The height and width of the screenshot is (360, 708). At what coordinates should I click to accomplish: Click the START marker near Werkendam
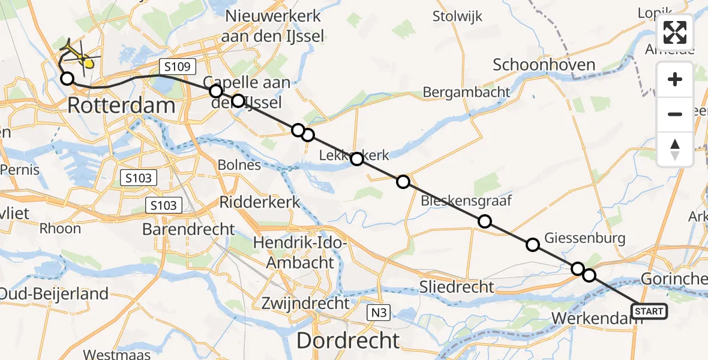pos(649,311)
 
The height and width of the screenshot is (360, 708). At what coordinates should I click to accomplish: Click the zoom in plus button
pos(675,80)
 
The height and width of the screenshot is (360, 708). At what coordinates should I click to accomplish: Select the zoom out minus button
pos(675,114)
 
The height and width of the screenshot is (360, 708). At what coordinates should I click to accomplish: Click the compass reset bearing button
pos(675,149)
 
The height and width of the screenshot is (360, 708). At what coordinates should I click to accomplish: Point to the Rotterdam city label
pos(121,106)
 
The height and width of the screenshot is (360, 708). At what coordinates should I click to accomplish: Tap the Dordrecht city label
pos(348,340)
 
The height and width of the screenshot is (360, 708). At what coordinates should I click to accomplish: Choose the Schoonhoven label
pos(544,65)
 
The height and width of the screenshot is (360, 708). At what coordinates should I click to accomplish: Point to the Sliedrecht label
pos(458,287)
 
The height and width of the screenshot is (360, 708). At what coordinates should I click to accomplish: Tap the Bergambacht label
pos(467,92)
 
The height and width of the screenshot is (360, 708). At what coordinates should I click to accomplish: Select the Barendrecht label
pos(189,229)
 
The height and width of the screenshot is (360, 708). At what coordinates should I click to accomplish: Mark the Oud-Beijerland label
pos(54,293)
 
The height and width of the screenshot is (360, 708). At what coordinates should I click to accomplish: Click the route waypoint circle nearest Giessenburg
pos(533,244)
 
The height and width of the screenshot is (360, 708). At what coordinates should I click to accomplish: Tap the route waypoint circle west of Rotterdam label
pos(67,79)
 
